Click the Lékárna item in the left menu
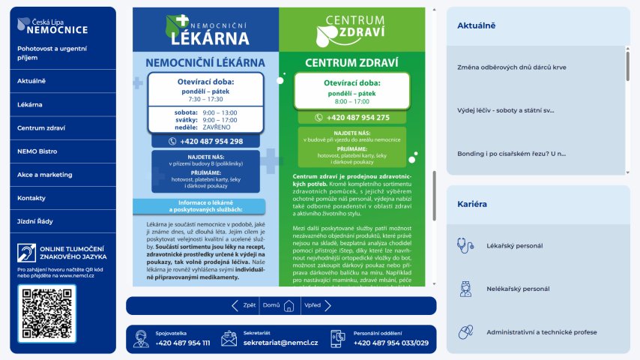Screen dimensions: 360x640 pyautogui.click(x=30, y=104)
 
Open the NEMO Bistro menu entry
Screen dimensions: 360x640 pyautogui.click(x=37, y=151)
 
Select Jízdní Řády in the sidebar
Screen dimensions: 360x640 pyautogui.click(x=36, y=221)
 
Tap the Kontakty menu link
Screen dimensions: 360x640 pyautogui.click(x=31, y=198)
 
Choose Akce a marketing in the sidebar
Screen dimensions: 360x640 pyautogui.click(x=44, y=175)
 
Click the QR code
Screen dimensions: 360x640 pyautogui.click(x=46, y=314)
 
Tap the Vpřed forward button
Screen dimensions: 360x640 pyautogui.click(x=313, y=306)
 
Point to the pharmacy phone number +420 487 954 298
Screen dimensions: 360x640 pyautogui.click(x=206, y=141)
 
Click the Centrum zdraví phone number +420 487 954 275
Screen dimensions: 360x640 pyautogui.click(x=353, y=118)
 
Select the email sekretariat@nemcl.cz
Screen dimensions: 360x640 pyautogui.click(x=280, y=343)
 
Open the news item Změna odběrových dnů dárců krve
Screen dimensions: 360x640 pyautogui.click(x=511, y=67)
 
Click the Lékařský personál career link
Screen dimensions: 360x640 pyautogui.click(x=514, y=245)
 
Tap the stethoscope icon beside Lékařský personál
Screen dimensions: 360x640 pyautogui.click(x=465, y=244)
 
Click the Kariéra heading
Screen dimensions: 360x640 pyautogui.click(x=472, y=204)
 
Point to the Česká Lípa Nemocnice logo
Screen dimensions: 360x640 pyautogui.click(x=52, y=27)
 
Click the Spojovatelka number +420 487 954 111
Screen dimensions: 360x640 pyautogui.click(x=183, y=343)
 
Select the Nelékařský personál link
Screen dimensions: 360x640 pyautogui.click(x=519, y=289)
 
